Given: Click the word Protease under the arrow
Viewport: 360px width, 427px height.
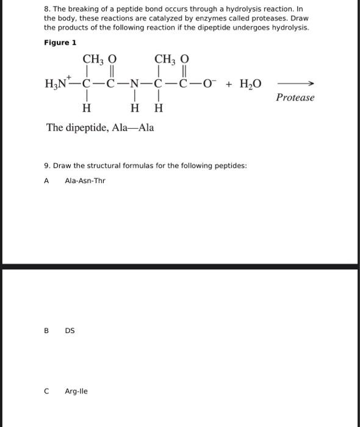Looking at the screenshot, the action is click(x=295, y=98).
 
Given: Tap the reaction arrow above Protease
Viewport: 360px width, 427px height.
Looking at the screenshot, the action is click(x=296, y=84).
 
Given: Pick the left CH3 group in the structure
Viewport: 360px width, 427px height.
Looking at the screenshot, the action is click(x=95, y=59).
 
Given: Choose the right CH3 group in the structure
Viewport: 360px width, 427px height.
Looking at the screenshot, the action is click(x=167, y=59).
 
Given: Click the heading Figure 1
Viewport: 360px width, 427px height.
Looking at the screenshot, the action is click(x=60, y=43).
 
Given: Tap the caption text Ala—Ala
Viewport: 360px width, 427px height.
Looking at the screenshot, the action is click(x=134, y=127).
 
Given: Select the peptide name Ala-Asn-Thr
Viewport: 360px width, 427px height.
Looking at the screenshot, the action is click(x=85, y=181).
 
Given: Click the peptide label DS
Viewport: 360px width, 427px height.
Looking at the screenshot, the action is click(x=70, y=331).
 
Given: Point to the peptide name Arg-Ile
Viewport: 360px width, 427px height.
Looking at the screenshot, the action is click(x=76, y=391).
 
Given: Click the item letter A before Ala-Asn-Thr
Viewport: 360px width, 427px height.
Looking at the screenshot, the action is click(x=47, y=181).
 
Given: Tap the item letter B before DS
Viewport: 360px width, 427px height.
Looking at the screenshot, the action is click(x=46, y=331).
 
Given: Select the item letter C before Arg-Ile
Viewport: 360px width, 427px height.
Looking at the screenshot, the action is click(x=46, y=391).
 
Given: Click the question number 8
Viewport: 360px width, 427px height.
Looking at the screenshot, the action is click(x=46, y=10).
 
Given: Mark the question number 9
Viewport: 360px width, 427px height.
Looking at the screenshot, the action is click(x=46, y=165).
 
